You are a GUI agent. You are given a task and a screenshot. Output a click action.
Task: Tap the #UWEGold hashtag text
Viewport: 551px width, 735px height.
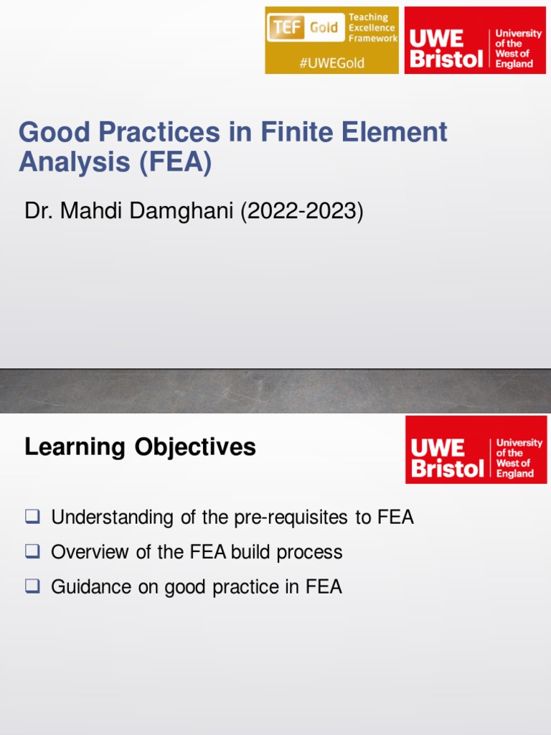[331, 62]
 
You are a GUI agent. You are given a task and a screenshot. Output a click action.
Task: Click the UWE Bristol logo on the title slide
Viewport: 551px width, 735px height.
[475, 40]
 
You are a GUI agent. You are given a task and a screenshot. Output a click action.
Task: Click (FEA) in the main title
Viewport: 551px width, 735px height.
[176, 163]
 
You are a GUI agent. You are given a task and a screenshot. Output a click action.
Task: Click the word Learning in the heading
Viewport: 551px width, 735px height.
[75, 447]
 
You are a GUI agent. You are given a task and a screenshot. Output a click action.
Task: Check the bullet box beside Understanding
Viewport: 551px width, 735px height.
[32, 516]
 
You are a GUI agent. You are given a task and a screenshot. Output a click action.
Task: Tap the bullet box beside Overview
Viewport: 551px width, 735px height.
[32, 551]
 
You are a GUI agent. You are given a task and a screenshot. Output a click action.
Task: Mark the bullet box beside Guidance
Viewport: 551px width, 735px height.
[32, 586]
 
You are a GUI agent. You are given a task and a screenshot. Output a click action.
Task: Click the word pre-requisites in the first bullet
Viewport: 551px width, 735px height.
[292, 517]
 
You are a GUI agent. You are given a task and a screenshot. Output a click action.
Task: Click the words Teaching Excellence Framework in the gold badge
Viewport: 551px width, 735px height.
[372, 28]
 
